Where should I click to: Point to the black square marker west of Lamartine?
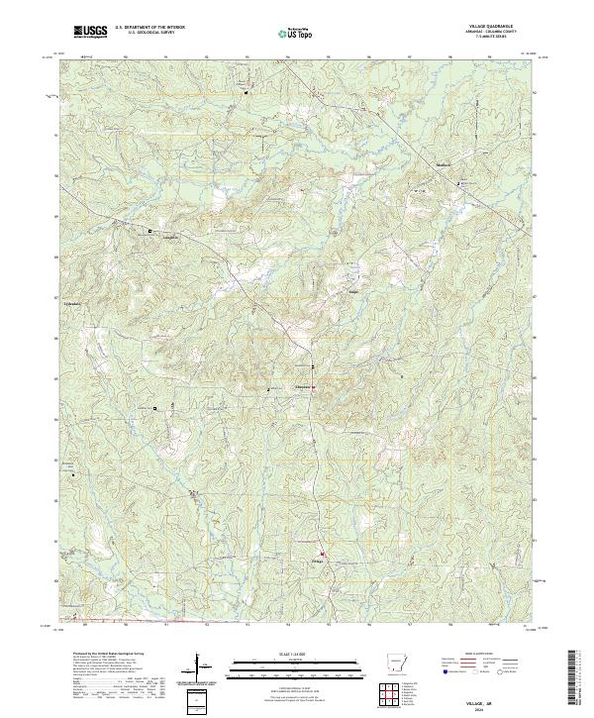pos(150,232)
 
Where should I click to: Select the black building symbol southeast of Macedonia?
pos(457,184)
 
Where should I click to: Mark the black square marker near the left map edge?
pos(72,474)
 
